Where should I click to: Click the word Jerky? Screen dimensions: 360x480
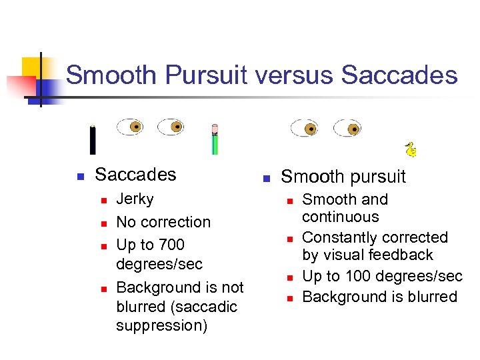[135, 199]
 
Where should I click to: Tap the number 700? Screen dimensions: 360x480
[171, 245]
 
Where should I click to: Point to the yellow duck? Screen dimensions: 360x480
[411, 150]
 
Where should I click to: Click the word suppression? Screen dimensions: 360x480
[162, 326]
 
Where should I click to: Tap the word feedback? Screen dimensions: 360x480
[404, 255]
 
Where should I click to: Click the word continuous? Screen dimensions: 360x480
[341, 217]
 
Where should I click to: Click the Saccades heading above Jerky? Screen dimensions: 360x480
[135, 175]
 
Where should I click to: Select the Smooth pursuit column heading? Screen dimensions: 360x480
[343, 177]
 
